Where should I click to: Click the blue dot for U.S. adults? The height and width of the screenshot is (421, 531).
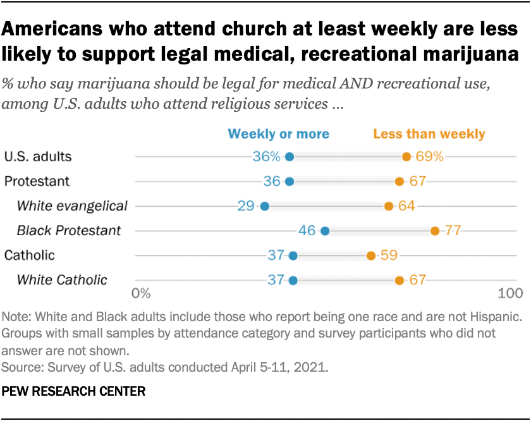point(290,157)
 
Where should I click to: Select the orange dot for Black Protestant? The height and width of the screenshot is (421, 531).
point(435,231)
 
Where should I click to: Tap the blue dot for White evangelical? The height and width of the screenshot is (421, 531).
point(264,206)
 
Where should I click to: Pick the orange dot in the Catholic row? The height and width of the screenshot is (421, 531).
point(371,255)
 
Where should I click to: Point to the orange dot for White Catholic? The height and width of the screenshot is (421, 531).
point(400,280)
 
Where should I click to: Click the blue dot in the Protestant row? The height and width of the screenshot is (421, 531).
point(290,181)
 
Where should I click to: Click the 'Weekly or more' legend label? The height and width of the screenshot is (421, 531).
point(278,134)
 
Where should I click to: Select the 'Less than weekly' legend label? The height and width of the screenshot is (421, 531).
point(429,134)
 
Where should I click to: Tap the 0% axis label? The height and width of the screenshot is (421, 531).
point(140,293)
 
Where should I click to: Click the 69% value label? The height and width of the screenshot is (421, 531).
point(430,157)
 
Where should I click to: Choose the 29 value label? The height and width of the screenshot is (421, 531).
point(247,206)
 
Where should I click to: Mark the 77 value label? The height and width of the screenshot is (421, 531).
point(453,231)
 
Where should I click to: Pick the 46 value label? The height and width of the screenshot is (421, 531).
point(307,231)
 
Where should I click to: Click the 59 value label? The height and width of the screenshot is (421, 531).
point(388,255)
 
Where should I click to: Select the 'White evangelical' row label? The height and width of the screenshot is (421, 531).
point(72,206)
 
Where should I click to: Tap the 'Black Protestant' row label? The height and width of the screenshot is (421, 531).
point(69,231)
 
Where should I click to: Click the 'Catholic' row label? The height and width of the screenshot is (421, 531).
point(29,255)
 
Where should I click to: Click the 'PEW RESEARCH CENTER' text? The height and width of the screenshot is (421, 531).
point(74,392)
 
